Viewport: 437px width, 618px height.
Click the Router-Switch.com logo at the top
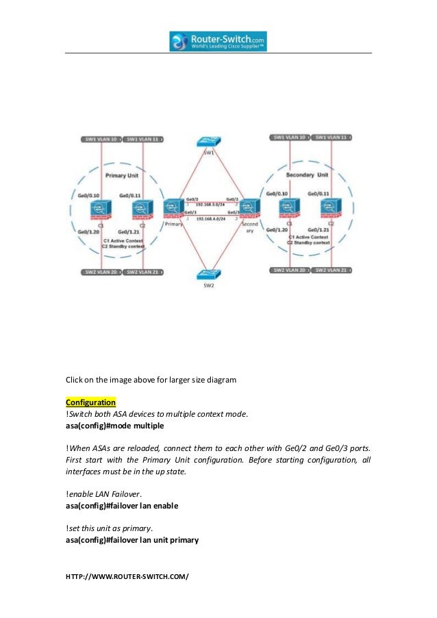(x=218, y=41)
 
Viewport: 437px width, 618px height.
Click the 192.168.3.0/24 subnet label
(x=211, y=203)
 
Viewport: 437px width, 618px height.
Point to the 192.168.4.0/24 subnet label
(x=211, y=219)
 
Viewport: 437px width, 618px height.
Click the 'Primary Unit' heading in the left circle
(x=123, y=175)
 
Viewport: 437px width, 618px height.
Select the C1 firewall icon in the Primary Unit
(x=101, y=209)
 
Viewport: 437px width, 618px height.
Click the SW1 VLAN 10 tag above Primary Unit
(x=99, y=139)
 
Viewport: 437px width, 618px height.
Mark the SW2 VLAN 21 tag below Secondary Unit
(x=332, y=270)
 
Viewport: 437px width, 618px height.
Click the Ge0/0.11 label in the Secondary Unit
(x=322, y=194)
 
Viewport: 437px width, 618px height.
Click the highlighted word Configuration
(x=90, y=401)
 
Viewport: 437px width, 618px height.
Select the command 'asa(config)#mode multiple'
(x=114, y=425)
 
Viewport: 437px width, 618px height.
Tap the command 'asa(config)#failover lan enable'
(x=122, y=506)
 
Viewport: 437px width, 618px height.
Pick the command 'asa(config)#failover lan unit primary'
(x=132, y=540)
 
